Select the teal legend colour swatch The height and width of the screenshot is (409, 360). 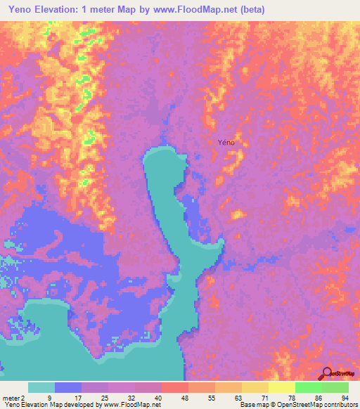(41, 387)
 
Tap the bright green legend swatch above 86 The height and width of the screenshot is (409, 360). (309, 387)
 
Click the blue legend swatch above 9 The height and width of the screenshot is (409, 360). (68, 387)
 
